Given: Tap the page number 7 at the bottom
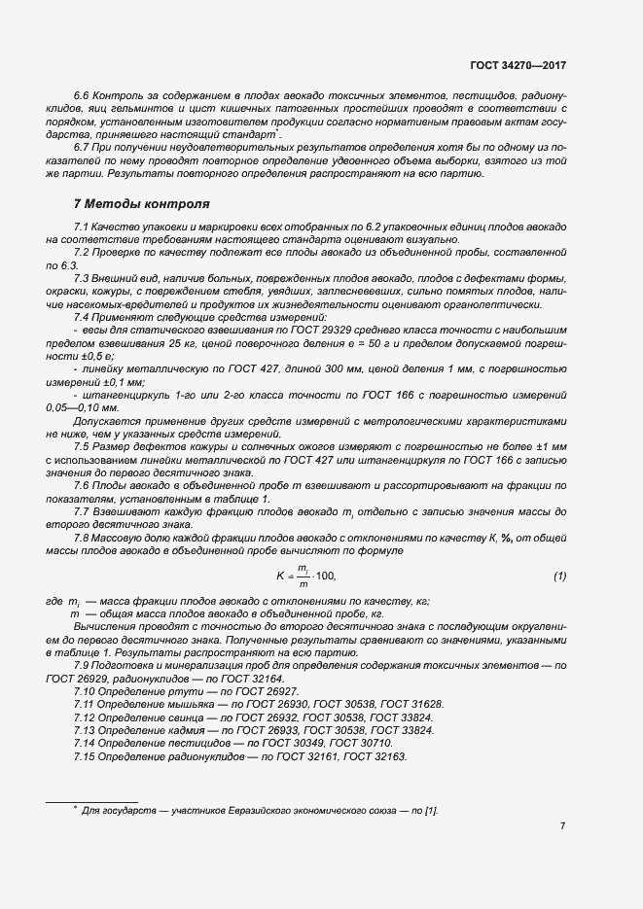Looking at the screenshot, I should pyautogui.click(x=562, y=826).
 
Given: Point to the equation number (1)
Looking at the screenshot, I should pyautogui.click(x=559, y=576).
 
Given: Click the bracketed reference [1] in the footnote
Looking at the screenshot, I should pyautogui.click(x=429, y=809).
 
